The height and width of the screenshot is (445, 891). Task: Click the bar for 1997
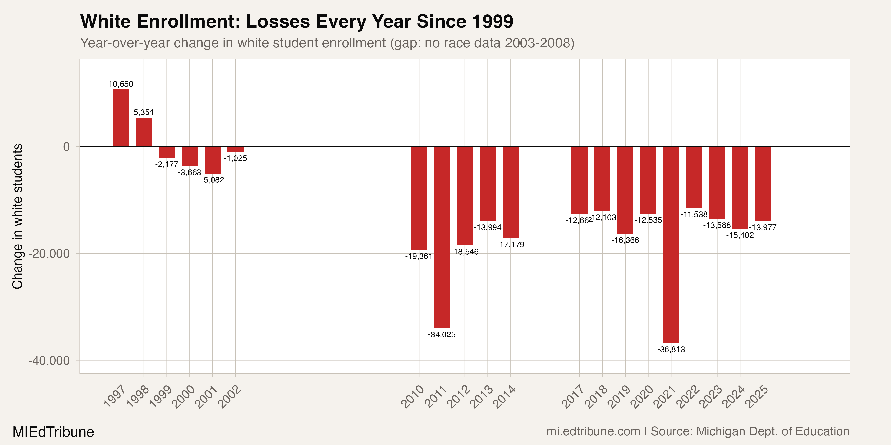121,118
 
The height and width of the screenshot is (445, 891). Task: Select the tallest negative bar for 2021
671,245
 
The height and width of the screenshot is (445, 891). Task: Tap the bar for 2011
442,237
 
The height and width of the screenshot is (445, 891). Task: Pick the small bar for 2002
236,149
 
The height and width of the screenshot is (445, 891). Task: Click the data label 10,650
121,84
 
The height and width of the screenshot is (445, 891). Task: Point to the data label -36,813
671,349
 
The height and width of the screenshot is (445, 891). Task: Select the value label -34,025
442,334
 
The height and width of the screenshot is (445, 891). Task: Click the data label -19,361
419,256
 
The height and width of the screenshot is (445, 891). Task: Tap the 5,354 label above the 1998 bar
144,112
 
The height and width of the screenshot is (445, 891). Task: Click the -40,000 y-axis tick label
49,361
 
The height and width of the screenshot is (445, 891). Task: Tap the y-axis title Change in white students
17,216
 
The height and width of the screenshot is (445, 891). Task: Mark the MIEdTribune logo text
53,432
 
